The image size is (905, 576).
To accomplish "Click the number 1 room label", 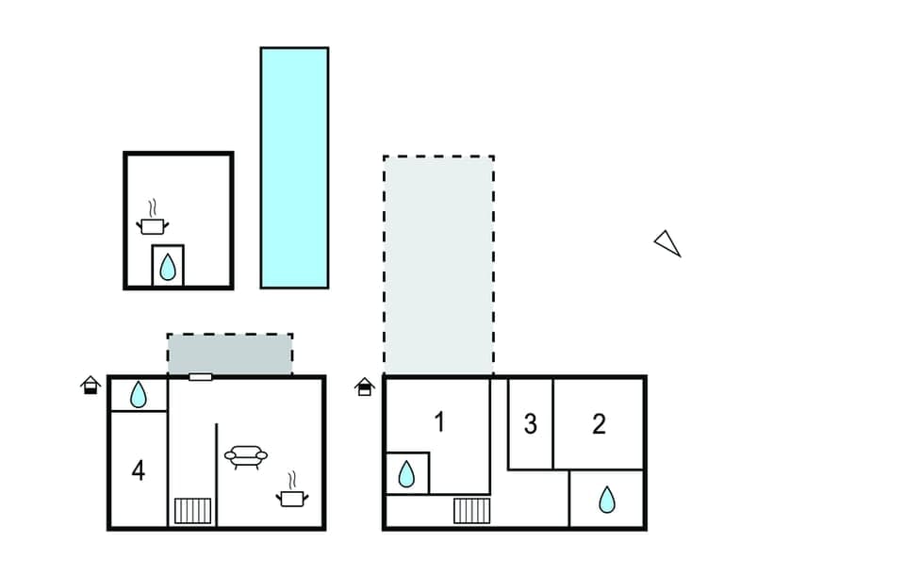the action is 438,422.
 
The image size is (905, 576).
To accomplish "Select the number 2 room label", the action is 599,424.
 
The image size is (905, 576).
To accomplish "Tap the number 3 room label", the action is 530,424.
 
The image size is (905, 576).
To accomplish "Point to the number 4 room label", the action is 139,469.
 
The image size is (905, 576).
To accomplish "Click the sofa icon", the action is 246,457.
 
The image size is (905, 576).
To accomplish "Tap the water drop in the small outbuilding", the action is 168,267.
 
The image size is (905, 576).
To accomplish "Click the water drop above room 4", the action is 139,394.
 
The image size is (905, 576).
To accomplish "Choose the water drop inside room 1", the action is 406,473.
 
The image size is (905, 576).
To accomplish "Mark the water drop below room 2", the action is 607,499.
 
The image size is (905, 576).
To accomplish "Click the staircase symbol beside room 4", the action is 193,511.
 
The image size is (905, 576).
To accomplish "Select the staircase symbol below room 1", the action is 471,511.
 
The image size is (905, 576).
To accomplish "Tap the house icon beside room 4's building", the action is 90,385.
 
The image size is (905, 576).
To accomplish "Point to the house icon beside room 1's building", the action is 365,386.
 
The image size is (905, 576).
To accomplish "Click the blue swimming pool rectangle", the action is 294,167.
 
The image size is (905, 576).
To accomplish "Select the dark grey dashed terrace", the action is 230,354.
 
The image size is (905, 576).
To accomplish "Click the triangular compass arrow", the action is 667,243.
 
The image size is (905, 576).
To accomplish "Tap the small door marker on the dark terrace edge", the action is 200,377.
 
